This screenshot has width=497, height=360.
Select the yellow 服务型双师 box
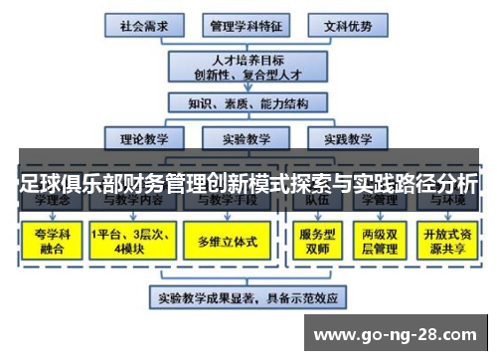point(316,242)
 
